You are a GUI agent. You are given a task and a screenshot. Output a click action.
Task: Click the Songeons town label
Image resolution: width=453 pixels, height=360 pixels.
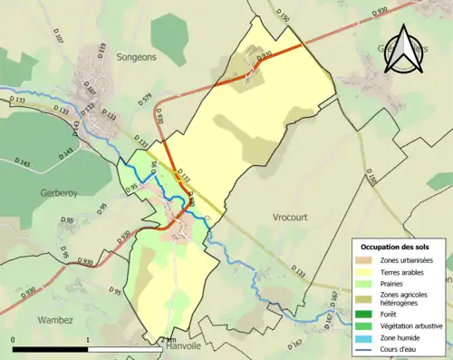coord(138,56)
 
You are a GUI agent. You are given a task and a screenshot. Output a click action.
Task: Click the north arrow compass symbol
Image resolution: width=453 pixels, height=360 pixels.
coord(402,47)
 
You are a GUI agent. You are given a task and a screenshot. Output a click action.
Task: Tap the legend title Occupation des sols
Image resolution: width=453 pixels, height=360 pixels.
coord(396,247)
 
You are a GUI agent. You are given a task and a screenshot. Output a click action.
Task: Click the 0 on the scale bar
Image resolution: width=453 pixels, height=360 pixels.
coord(14,339)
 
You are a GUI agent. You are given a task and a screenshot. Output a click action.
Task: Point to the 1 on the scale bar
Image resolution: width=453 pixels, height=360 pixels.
coord(88,339)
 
